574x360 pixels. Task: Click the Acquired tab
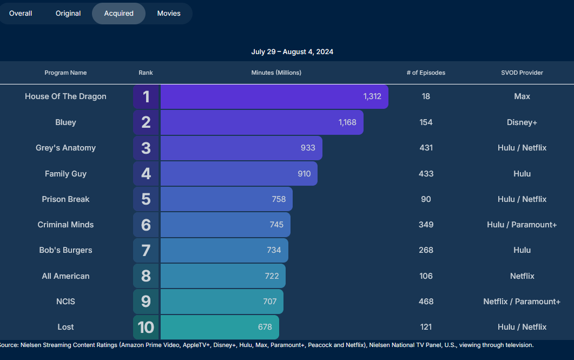click(x=118, y=14)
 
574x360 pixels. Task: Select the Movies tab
click(x=169, y=14)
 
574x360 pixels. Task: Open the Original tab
click(x=68, y=14)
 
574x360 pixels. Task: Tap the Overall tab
click(x=21, y=14)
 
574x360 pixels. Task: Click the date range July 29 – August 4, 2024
click(x=292, y=52)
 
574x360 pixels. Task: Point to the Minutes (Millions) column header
click(x=276, y=73)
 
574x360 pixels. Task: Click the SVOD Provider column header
click(x=522, y=73)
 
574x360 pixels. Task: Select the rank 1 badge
click(x=146, y=97)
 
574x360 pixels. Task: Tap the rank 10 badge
click(x=146, y=328)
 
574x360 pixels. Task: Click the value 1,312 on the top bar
click(x=372, y=97)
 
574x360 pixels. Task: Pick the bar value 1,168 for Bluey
click(x=347, y=122)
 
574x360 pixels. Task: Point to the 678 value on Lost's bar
click(x=265, y=327)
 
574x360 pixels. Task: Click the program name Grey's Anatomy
click(x=65, y=148)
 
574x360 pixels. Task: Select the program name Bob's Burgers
click(x=65, y=250)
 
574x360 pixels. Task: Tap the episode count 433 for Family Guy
click(x=426, y=174)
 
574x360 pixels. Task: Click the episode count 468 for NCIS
click(x=426, y=302)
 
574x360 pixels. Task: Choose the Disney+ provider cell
click(x=522, y=122)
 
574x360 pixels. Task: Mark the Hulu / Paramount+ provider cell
click(x=522, y=225)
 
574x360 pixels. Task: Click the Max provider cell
click(x=522, y=96)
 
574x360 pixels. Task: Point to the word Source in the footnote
click(x=10, y=345)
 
